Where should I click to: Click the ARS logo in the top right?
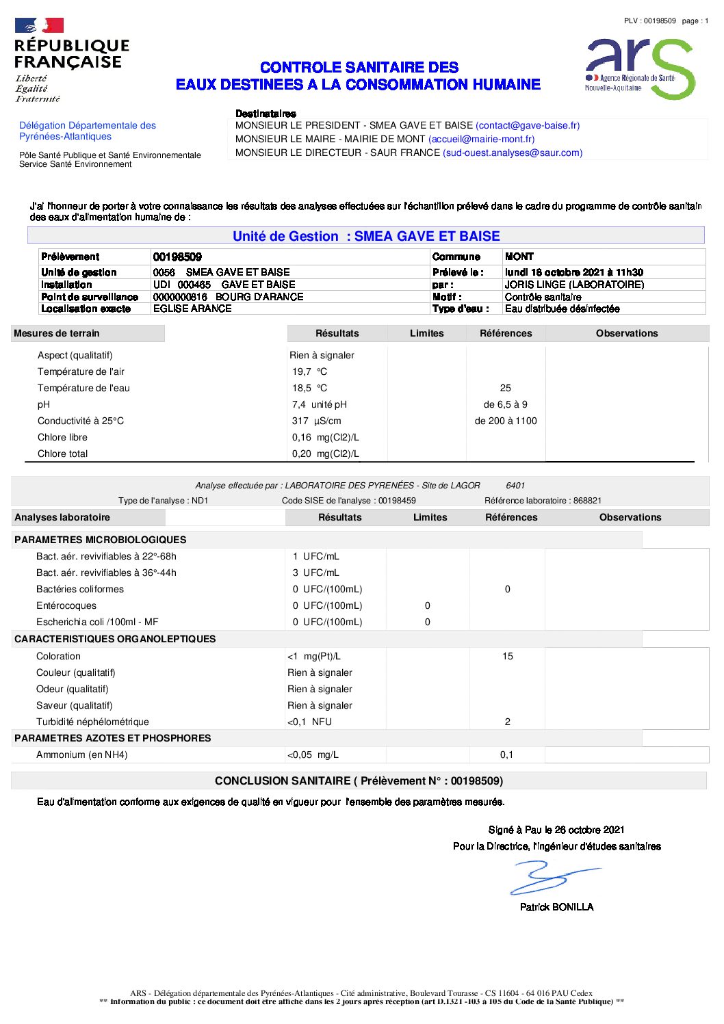(640, 68)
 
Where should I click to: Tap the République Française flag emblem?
(39, 26)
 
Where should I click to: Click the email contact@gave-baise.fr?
(528, 125)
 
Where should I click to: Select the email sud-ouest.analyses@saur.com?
(513, 153)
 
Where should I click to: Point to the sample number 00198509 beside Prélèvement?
(177, 257)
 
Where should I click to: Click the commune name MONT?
(519, 257)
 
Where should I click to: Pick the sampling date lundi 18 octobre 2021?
(573, 272)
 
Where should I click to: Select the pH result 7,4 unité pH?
(319, 404)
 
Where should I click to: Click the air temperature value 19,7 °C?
(309, 371)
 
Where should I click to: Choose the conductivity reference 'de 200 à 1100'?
(506, 421)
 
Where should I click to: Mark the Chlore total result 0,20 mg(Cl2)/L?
(325, 454)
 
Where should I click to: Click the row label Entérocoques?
(66, 605)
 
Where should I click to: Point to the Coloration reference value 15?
(508, 656)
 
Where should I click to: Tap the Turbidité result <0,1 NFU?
(309, 722)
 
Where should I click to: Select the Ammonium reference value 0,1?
(506, 754)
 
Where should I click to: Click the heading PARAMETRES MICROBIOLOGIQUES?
(100, 540)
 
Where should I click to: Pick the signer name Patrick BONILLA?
(556, 907)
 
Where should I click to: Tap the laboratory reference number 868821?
(587, 501)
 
